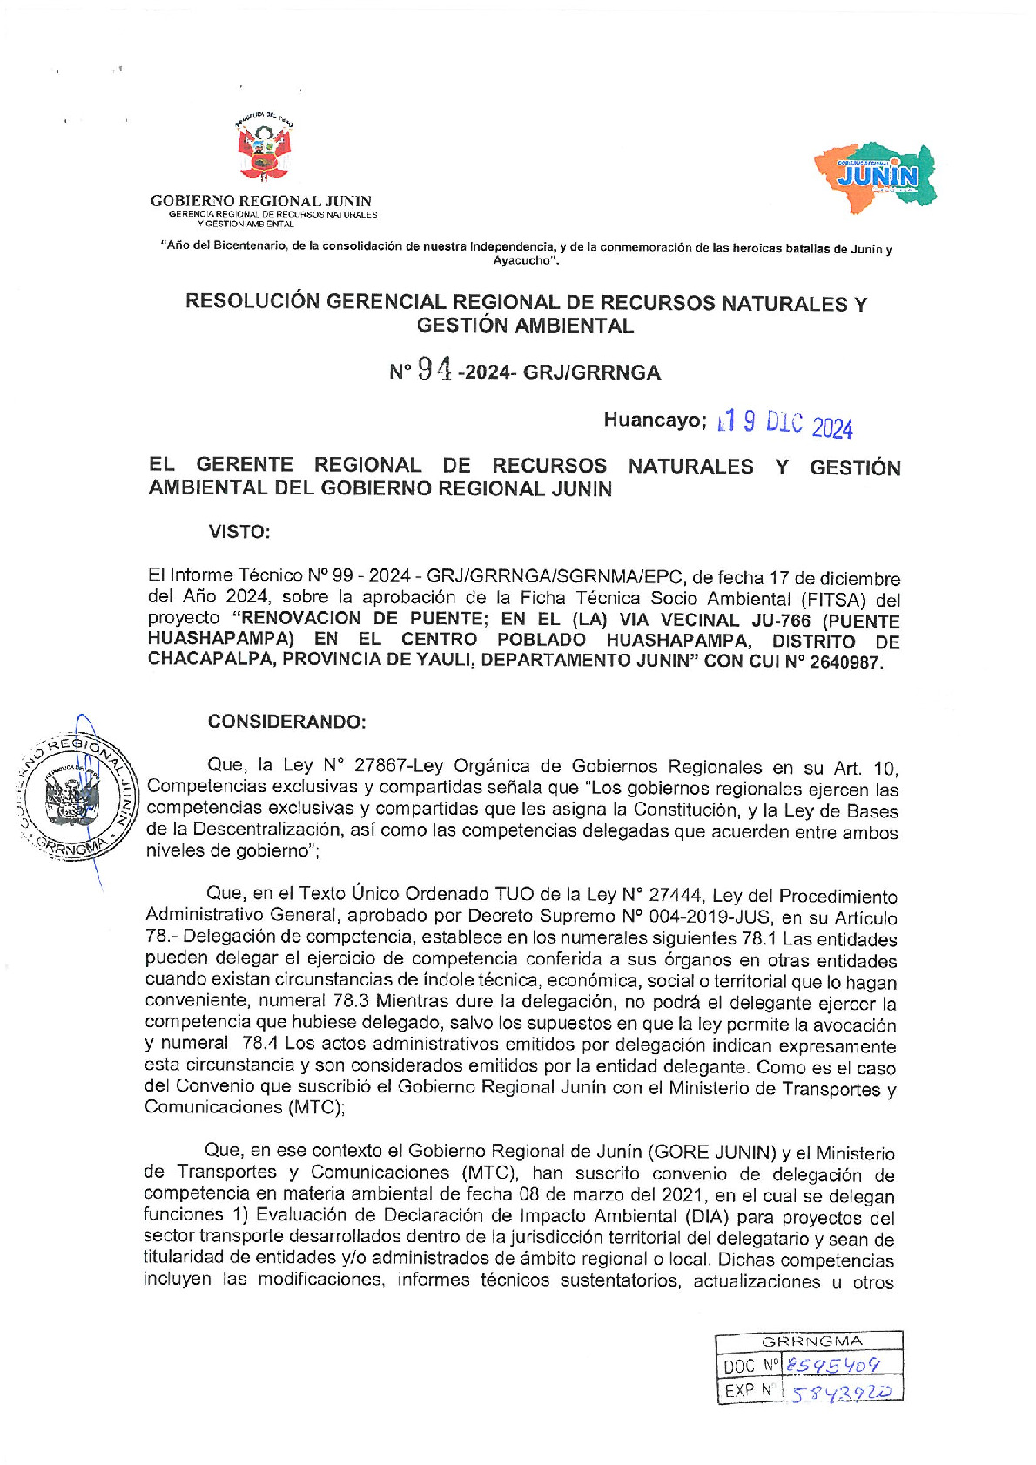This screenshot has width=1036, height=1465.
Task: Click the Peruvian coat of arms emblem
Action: click(x=265, y=150)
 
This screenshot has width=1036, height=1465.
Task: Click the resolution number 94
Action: click(x=434, y=370)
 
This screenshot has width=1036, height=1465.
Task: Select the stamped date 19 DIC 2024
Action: click(x=784, y=424)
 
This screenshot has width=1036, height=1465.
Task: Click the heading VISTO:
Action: click(x=239, y=532)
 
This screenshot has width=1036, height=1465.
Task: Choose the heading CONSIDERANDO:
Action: click(x=286, y=722)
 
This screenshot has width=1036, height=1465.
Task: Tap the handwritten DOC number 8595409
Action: click(x=831, y=1366)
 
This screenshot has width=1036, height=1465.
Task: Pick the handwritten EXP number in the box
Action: click(x=841, y=1392)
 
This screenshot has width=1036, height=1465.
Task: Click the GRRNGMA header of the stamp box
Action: click(x=811, y=1341)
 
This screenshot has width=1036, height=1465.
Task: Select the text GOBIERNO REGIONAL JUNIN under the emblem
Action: click(x=261, y=201)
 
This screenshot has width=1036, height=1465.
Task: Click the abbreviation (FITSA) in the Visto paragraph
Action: click(x=830, y=600)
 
